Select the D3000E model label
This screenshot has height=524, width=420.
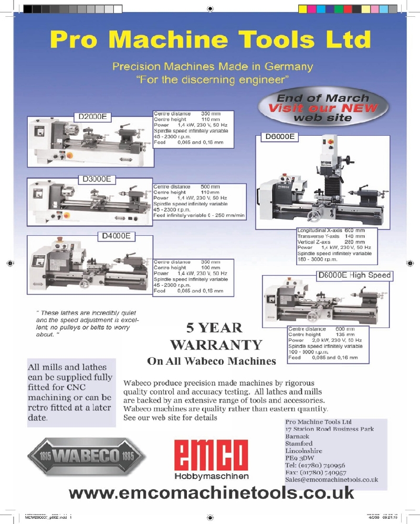(x=95, y=179)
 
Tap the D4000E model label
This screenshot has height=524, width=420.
(x=117, y=236)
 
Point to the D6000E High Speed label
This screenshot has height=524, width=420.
(x=354, y=275)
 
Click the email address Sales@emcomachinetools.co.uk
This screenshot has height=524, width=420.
(x=332, y=479)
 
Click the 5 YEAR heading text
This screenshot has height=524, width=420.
(x=214, y=328)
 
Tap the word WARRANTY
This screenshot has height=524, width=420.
(x=216, y=345)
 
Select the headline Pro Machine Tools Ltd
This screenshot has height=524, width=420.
(x=211, y=39)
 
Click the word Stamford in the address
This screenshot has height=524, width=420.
(x=299, y=443)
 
